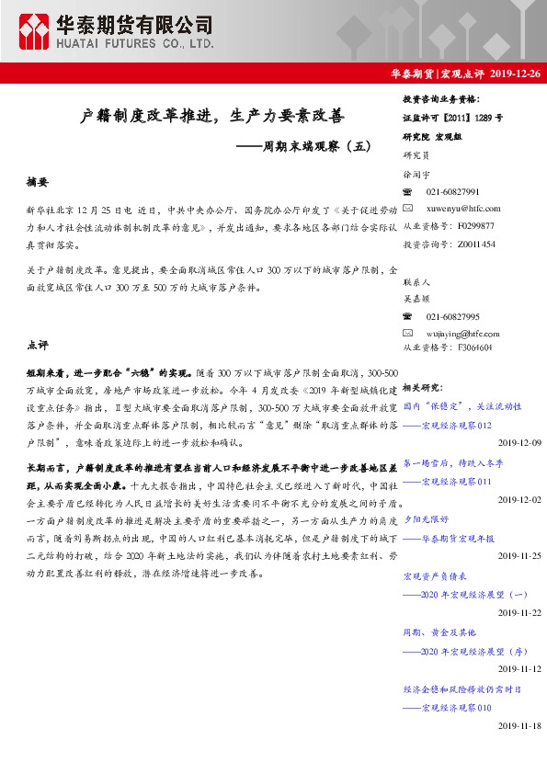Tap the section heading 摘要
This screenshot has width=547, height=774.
pyautogui.click(x=38, y=183)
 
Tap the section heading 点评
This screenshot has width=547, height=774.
pyautogui.click(x=38, y=346)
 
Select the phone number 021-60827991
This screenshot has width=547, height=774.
pyautogui.click(x=453, y=191)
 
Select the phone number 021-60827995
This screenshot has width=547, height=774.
pyautogui.click(x=453, y=316)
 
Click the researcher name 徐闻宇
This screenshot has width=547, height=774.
pyautogui.click(x=416, y=173)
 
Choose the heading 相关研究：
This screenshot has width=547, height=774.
pyautogui.click(x=423, y=388)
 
